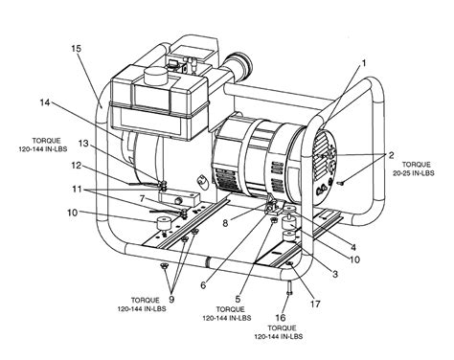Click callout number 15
tap(76, 49)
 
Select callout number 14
tap(45, 102)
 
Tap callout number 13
tap(83, 144)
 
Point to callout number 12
tap(77, 166)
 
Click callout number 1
tap(363, 63)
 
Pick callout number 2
tap(391, 155)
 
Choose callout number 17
tap(315, 304)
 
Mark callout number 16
tap(281, 318)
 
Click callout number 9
tap(171, 300)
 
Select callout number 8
tap(225, 223)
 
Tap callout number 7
tap(143, 199)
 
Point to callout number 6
tap(203, 285)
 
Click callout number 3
tap(335, 274)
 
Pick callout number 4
tap(353, 247)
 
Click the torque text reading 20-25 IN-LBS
tap(414, 173)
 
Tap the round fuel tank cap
tap(155, 77)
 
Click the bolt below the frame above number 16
tap(290, 287)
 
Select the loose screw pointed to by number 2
tap(340, 183)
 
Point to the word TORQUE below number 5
tap(230, 309)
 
